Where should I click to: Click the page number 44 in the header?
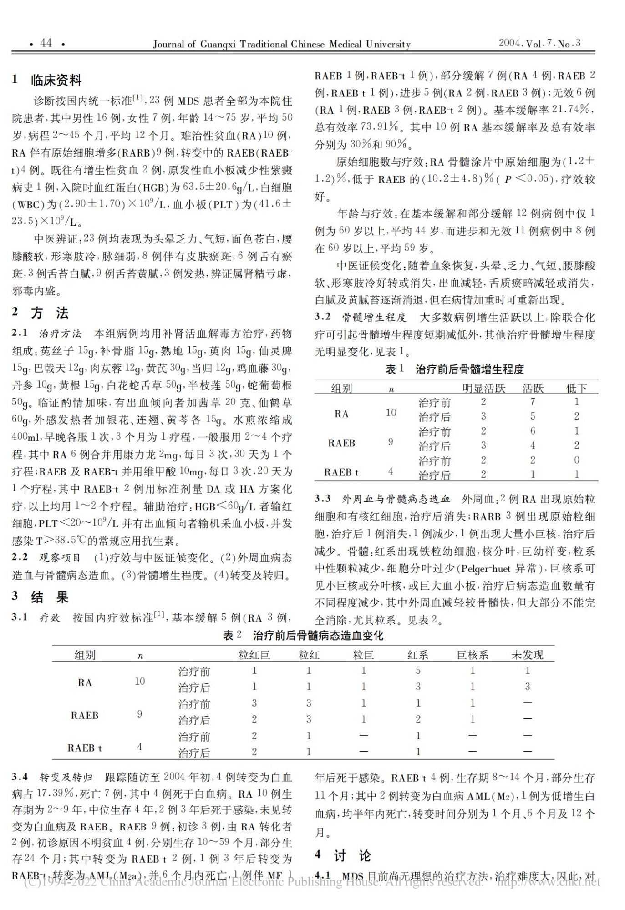click(x=46, y=43)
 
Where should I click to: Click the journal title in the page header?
click(x=281, y=44)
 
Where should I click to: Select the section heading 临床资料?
click(x=56, y=81)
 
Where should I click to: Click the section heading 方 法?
click(x=50, y=313)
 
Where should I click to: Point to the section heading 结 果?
click(x=50, y=597)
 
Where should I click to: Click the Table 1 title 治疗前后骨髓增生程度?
click(x=469, y=369)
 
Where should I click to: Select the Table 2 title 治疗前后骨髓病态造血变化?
click(x=318, y=636)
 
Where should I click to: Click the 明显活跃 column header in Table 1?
click(x=483, y=388)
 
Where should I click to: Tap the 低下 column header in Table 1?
click(x=576, y=388)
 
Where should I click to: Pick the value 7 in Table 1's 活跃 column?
click(x=532, y=402)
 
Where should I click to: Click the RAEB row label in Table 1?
click(x=341, y=443)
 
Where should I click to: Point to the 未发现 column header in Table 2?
click(x=527, y=655)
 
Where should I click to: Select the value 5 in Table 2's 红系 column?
click(x=418, y=670)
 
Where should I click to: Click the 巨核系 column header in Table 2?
click(x=473, y=655)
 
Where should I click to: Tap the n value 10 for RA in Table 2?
click(x=140, y=681)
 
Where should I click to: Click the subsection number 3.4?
click(x=20, y=777)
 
